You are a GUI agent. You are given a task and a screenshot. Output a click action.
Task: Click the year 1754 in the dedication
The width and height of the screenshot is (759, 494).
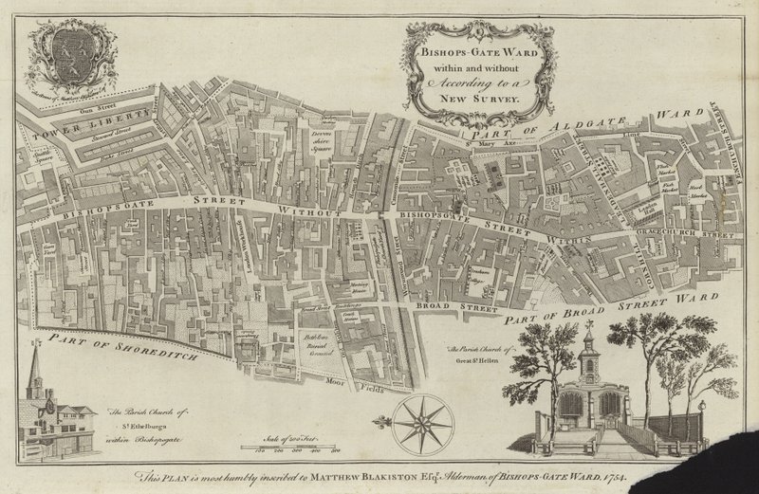tap(626, 477)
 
